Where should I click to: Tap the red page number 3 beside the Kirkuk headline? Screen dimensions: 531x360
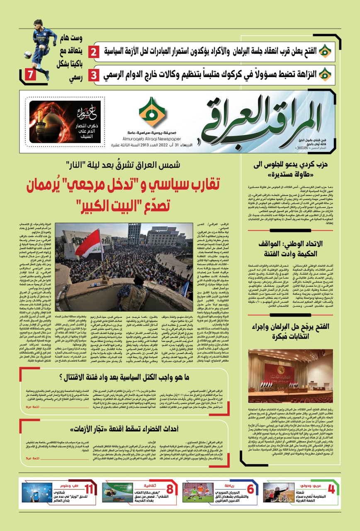coord(95,75)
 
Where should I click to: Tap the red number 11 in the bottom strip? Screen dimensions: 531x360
coord(89,489)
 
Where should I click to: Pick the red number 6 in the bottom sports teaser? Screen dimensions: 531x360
coord(251,489)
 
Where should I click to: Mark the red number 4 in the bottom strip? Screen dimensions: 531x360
coord(331,489)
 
